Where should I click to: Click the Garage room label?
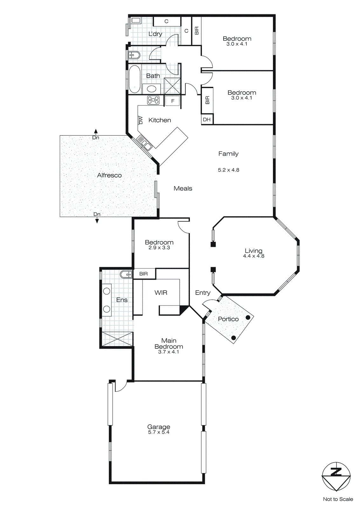(x=158, y=427)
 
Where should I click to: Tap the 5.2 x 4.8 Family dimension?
(x=228, y=170)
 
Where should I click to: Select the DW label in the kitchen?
(x=141, y=120)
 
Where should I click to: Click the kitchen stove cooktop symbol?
(x=153, y=100)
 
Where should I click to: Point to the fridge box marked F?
(x=173, y=101)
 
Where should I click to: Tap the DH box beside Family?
(x=207, y=120)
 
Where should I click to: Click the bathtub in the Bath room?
(x=135, y=79)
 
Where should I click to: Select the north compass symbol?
(x=336, y=476)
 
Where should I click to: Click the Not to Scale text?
(x=338, y=499)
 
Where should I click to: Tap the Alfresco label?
(x=109, y=175)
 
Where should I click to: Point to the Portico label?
(x=228, y=319)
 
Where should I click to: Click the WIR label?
(x=161, y=293)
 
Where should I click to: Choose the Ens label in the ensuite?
(x=121, y=300)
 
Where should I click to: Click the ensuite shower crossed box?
(x=117, y=339)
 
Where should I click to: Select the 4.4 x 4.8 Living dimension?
(x=253, y=256)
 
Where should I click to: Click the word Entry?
(x=203, y=293)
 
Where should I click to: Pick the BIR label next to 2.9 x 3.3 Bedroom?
(x=143, y=274)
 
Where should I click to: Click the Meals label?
(x=183, y=188)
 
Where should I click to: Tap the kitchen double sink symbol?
(x=144, y=143)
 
